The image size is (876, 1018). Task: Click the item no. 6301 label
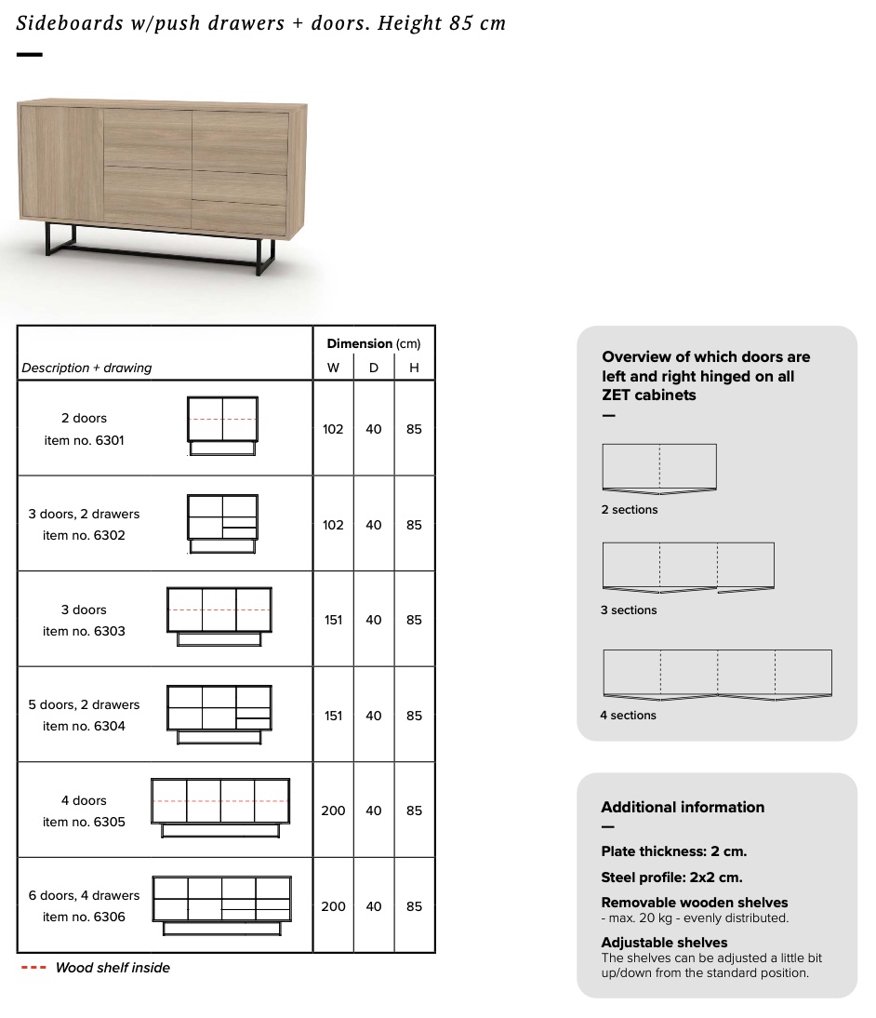pos(84,440)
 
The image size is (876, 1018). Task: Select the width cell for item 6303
pos(333,620)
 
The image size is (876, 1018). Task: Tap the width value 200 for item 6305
pos(333,810)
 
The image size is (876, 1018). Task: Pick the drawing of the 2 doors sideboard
pos(222,426)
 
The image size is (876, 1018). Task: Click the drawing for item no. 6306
pos(221,905)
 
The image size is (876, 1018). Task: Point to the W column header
pos(333,368)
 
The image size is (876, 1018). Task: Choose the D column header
pos(374,368)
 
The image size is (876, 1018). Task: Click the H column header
pos(414,368)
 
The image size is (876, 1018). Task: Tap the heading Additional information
pos(683,808)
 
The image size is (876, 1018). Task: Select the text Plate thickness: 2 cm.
pos(673,851)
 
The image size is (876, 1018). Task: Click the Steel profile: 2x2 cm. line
pos(671,877)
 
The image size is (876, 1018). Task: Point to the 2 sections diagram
pos(659,468)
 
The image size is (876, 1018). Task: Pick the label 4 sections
pos(628,716)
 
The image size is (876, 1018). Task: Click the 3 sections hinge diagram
pos(688,567)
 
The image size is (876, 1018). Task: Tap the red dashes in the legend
pos(33,968)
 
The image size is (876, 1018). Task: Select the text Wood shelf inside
pos(113,968)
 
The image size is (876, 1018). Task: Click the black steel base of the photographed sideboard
pos(158,249)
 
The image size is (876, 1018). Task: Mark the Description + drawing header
pos(86,368)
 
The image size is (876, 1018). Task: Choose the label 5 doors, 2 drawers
pos(84,704)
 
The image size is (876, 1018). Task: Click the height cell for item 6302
pos(414,525)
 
